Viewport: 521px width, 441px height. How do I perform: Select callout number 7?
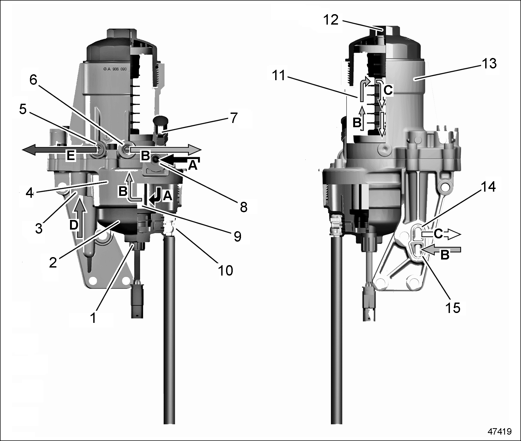pos(234,118)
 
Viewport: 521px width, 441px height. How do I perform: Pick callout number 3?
pos(39,229)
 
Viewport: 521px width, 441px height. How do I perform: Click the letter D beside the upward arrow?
pos(74,225)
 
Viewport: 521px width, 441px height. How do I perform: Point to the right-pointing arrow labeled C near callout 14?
pos(441,234)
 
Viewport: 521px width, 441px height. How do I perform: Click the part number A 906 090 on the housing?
pos(117,69)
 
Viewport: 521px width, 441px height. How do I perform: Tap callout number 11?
pos(279,76)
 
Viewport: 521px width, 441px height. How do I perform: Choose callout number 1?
pos(93,318)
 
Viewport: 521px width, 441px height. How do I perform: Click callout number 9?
pos(237,236)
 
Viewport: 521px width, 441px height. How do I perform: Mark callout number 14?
pos(488,187)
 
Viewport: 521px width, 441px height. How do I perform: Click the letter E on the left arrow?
pos(71,155)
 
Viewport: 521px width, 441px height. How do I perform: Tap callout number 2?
pos(53,262)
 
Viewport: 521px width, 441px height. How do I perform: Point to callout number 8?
pos(243,207)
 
